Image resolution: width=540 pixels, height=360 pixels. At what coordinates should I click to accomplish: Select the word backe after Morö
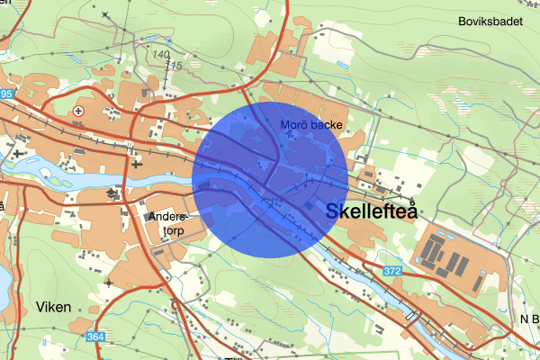click(x=326, y=125)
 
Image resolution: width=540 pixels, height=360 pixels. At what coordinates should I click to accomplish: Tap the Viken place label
click(x=53, y=306)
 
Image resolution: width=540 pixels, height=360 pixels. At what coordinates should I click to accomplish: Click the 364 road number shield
click(x=96, y=336)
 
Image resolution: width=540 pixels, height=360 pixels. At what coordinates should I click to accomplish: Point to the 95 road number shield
click(x=6, y=94)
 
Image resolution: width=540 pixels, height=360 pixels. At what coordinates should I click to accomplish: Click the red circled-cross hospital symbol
click(x=79, y=111)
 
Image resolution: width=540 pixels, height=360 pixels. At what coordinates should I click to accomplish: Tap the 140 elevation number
click(x=162, y=56)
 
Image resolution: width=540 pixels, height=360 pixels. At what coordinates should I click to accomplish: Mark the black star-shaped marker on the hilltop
click(x=105, y=15)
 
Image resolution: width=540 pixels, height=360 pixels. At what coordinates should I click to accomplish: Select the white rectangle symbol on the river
click(x=410, y=316)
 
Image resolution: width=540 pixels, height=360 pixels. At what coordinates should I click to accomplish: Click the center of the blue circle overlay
click(x=270, y=180)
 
